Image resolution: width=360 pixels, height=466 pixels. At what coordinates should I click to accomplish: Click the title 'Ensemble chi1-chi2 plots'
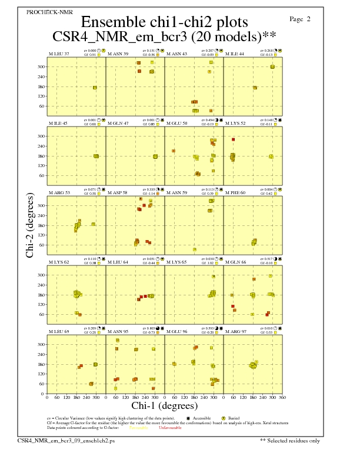pos(164,22)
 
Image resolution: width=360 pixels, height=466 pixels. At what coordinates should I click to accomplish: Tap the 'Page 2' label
pos(300,19)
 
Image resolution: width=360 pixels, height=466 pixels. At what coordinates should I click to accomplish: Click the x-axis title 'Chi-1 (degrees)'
pos(165,405)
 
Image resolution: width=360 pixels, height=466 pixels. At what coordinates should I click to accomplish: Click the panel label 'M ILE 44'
pos(235,54)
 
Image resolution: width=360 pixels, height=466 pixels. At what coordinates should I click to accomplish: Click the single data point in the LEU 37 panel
pos(95,88)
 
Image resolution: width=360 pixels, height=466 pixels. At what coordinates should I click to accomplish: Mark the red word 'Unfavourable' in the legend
pos(170,428)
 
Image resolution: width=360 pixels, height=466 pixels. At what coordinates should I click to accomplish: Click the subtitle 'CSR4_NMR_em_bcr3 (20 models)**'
pos(164,36)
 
